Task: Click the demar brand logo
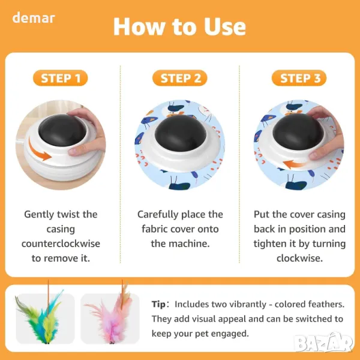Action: [34, 18]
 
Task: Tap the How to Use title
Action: [180, 26]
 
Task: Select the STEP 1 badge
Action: [61, 78]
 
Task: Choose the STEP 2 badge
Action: [180, 78]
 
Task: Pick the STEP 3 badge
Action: [299, 78]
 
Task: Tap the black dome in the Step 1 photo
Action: [62, 130]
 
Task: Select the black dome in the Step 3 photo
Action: [298, 131]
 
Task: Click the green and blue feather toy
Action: [41, 317]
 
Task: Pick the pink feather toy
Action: [113, 317]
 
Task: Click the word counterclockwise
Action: [61, 244]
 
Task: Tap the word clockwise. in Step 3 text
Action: [299, 258]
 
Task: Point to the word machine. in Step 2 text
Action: [189, 244]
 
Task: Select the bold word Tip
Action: [158, 304]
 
